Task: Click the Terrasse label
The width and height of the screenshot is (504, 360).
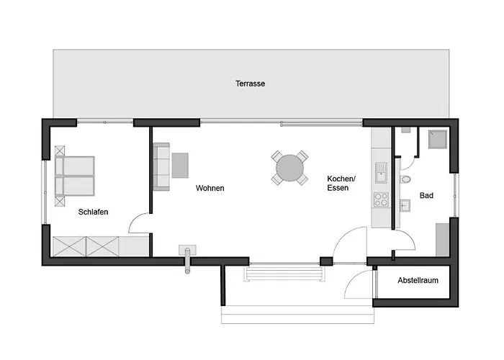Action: tap(250, 84)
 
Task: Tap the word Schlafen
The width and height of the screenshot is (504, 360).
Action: tap(93, 212)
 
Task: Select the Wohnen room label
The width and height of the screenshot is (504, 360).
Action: tap(210, 188)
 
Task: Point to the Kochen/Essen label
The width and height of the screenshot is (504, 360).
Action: tap(341, 183)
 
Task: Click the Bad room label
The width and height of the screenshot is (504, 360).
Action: tap(426, 195)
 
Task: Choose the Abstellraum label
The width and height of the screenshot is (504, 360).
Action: tap(418, 280)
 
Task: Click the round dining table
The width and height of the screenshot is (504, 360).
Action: tap(289, 168)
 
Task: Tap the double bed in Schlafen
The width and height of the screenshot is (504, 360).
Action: tap(75, 176)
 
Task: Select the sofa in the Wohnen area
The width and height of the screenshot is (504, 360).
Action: tap(161, 167)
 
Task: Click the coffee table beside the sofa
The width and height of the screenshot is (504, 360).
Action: tap(180, 165)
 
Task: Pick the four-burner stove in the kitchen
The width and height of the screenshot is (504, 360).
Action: tap(381, 199)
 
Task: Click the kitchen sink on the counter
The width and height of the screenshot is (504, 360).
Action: tap(381, 173)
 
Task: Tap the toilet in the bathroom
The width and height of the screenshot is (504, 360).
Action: tap(405, 179)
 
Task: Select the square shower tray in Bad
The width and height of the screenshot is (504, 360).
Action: tap(438, 139)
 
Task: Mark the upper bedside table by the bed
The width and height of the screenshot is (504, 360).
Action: tap(60, 150)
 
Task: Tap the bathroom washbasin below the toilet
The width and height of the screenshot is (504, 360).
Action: tap(405, 205)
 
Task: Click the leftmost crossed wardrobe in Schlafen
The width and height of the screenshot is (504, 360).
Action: tap(69, 246)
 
